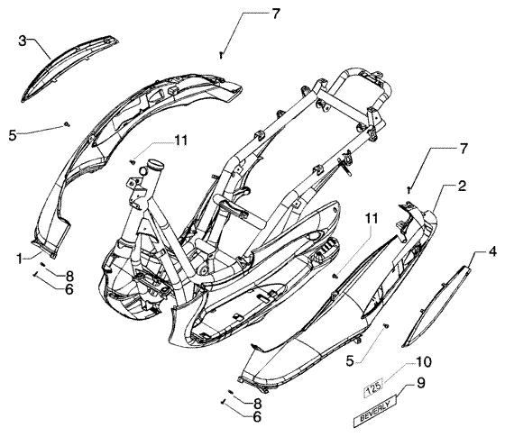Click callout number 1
[20, 259]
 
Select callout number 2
[462, 186]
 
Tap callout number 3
[22, 41]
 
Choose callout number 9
[420, 383]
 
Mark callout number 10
[424, 362]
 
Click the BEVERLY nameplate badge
[375, 410]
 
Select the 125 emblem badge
[373, 385]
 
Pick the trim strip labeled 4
[436, 305]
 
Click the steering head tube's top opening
[155, 164]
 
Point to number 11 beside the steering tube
[181, 141]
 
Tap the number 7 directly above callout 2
[464, 149]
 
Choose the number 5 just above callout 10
[350, 361]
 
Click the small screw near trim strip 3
[67, 124]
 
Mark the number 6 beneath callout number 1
[69, 289]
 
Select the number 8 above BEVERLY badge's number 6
[257, 405]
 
